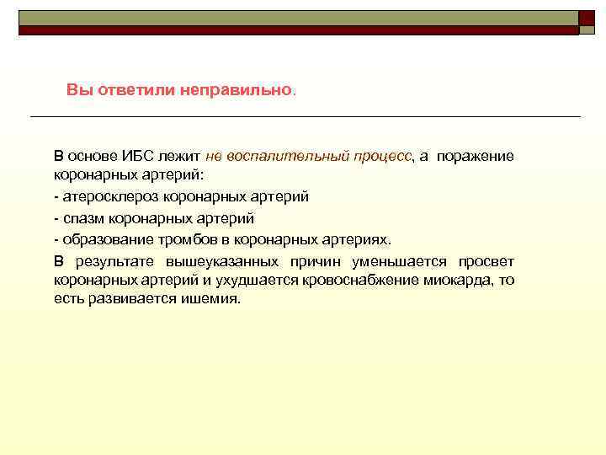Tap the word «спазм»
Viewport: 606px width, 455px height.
click(x=82, y=217)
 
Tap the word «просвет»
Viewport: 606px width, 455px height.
click(x=486, y=260)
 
